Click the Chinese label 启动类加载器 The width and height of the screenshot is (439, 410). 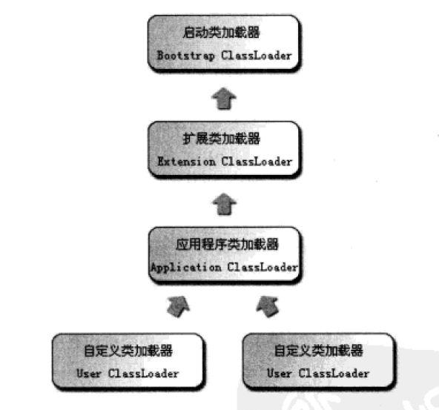(x=221, y=32)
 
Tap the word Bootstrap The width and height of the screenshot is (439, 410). (x=185, y=56)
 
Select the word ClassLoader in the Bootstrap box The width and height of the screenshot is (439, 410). (x=257, y=55)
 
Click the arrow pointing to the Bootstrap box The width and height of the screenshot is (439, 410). (x=224, y=98)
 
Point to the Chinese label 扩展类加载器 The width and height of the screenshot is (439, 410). (x=221, y=139)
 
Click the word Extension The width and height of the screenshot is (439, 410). (x=186, y=162)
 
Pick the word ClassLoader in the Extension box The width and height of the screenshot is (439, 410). (x=257, y=162)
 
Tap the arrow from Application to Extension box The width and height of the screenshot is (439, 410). (x=224, y=204)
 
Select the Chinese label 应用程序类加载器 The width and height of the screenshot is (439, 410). (x=227, y=245)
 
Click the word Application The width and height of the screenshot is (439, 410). (x=186, y=268)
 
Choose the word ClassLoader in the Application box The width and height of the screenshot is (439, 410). (x=263, y=267)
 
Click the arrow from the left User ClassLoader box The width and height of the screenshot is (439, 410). (x=178, y=306)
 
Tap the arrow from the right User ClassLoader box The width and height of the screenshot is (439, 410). (x=268, y=306)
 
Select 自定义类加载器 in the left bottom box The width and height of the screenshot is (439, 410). (x=128, y=351)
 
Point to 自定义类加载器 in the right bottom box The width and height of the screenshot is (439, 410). (x=318, y=351)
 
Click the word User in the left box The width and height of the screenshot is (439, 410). (x=88, y=374)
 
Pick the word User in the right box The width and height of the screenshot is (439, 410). (x=279, y=374)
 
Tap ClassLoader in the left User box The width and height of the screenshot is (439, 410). (x=143, y=374)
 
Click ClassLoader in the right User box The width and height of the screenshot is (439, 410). (x=334, y=374)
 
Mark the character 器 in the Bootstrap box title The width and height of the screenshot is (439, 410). (x=254, y=32)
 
